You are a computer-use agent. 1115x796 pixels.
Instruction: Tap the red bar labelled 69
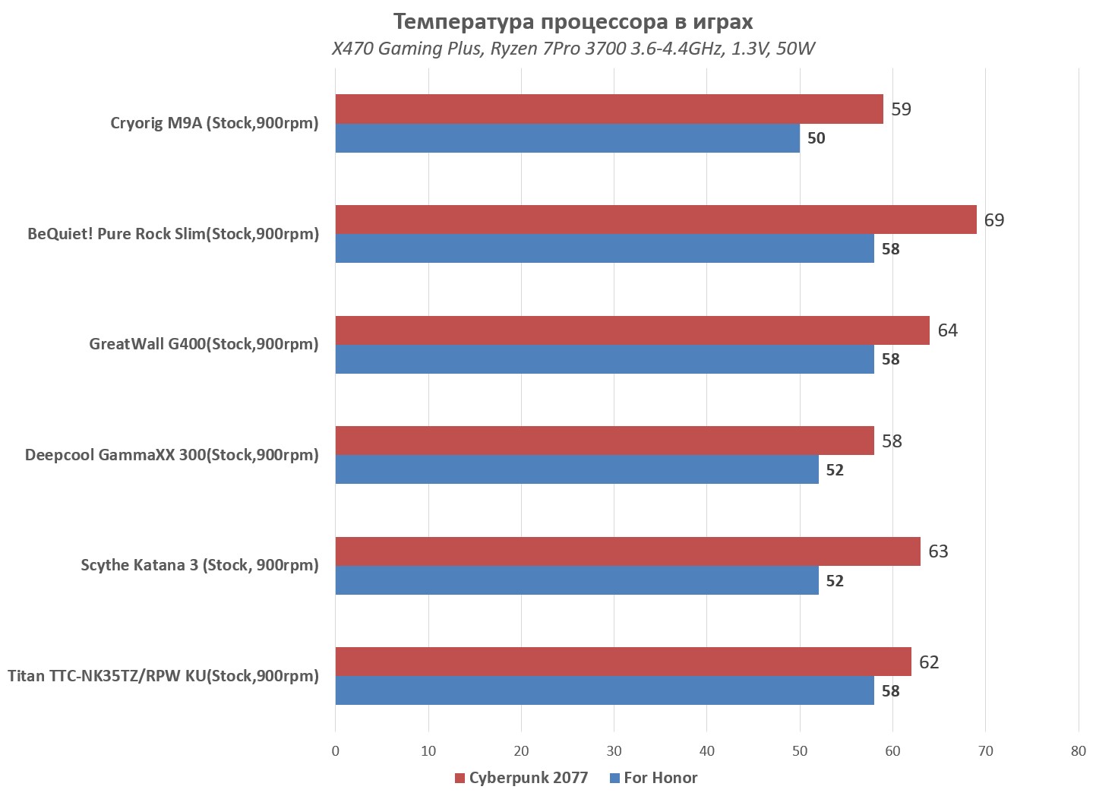coord(655,220)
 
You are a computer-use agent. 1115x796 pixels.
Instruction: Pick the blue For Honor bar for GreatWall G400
coord(605,359)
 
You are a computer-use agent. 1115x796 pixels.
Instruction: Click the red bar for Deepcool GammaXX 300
coord(605,441)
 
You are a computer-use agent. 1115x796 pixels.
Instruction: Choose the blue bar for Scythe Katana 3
coord(576,580)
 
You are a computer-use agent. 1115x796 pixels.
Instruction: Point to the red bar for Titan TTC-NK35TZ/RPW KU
coord(623,662)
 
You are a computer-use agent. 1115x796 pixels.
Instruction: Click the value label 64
coord(947,330)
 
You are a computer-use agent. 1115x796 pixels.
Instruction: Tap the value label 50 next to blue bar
coord(816,138)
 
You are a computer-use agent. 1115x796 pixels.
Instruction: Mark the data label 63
coord(938,551)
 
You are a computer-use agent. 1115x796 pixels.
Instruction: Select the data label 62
coord(928,662)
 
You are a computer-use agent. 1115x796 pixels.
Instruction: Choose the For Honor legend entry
coord(653,778)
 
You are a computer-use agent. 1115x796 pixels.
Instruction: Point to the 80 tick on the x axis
coord(1079,751)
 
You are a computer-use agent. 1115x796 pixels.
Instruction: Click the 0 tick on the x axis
coord(336,751)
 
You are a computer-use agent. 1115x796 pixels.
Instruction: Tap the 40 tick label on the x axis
coord(707,751)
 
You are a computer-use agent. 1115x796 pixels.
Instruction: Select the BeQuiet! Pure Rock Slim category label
coord(173,234)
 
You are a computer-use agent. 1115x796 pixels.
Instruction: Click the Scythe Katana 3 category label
coord(200,565)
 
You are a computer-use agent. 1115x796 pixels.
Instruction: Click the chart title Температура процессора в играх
coord(573,22)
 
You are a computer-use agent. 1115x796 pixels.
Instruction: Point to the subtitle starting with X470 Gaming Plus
coord(573,49)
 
